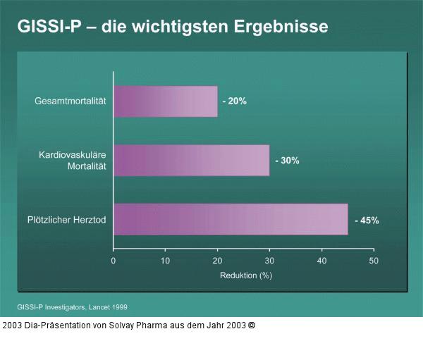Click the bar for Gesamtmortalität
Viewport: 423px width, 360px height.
pyautogui.click(x=165, y=101)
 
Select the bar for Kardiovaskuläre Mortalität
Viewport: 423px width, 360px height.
pyautogui.click(x=191, y=161)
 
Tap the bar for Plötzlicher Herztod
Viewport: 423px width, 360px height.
pyautogui.click(x=231, y=219)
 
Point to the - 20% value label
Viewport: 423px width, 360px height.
pyautogui.click(x=234, y=101)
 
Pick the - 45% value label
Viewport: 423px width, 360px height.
pyautogui.click(x=367, y=220)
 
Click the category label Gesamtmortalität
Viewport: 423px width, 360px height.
pyautogui.click(x=70, y=101)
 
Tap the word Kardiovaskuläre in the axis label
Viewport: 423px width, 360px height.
pyautogui.click(x=72, y=154)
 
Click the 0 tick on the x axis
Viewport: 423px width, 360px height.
pyautogui.click(x=114, y=261)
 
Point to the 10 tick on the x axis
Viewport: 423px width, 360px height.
pyautogui.click(x=165, y=261)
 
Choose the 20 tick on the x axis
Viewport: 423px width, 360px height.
pyautogui.click(x=217, y=261)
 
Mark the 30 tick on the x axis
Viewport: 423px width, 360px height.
pyautogui.click(x=269, y=261)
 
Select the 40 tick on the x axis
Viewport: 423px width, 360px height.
pyautogui.click(x=321, y=261)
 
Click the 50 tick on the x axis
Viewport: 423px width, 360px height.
pyautogui.click(x=374, y=261)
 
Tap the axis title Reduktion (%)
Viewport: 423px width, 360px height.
pyautogui.click(x=246, y=275)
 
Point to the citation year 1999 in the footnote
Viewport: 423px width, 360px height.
pyautogui.click(x=118, y=307)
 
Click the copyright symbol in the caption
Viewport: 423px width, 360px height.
pyautogui.click(x=252, y=325)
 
